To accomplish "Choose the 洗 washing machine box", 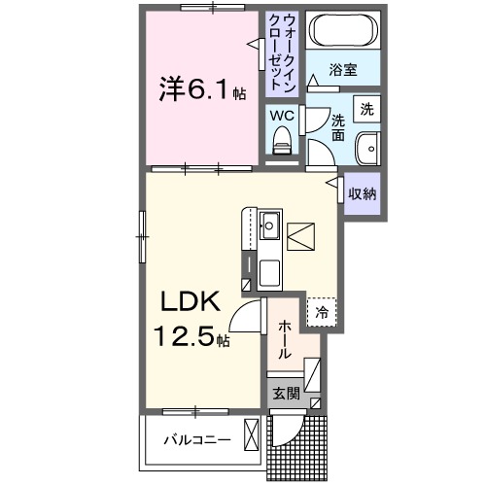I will pyautogui.click(x=365, y=109).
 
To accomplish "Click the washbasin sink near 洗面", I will pyautogui.click(x=368, y=152).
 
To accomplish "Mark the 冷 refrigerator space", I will pyautogui.click(x=321, y=313).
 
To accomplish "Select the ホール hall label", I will pyautogui.click(x=284, y=341).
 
